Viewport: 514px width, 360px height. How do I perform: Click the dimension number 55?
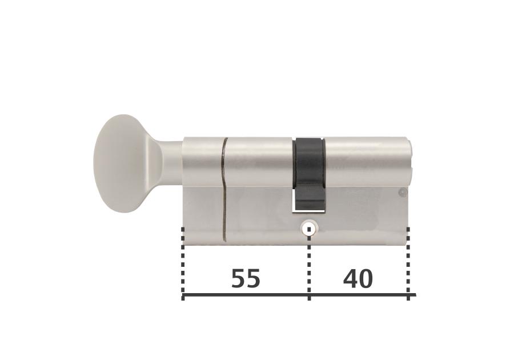point(246,279)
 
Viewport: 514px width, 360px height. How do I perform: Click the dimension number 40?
point(358,279)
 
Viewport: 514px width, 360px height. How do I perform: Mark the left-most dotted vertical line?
point(183,263)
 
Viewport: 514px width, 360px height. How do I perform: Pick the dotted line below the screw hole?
point(309,266)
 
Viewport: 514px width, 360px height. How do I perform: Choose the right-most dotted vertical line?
point(408,263)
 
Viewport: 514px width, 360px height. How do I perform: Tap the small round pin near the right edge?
point(403,193)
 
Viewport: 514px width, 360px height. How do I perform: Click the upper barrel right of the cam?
point(366,162)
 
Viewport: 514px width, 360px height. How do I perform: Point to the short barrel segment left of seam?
point(203,162)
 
